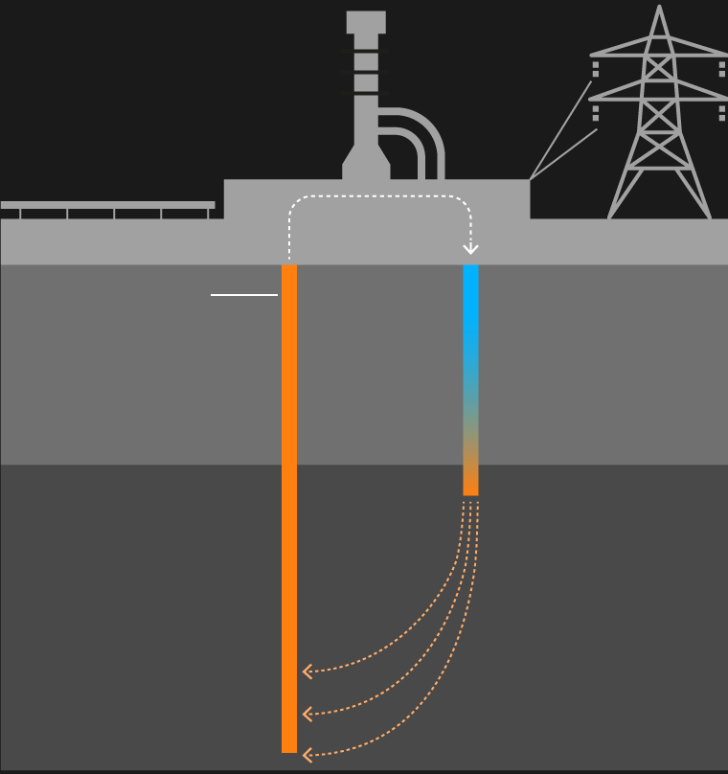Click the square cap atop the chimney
click(366, 22)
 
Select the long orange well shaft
click(289, 508)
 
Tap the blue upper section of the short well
click(470, 316)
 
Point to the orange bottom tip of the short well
click(470, 484)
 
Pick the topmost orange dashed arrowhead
click(307, 672)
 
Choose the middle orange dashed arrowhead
click(307, 715)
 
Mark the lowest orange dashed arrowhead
click(307, 756)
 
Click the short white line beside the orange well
click(243, 295)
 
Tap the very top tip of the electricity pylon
click(659, 7)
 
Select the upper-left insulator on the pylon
click(596, 68)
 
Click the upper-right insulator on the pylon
click(722, 68)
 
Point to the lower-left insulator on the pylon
click(596, 113)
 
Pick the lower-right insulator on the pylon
click(722, 113)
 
